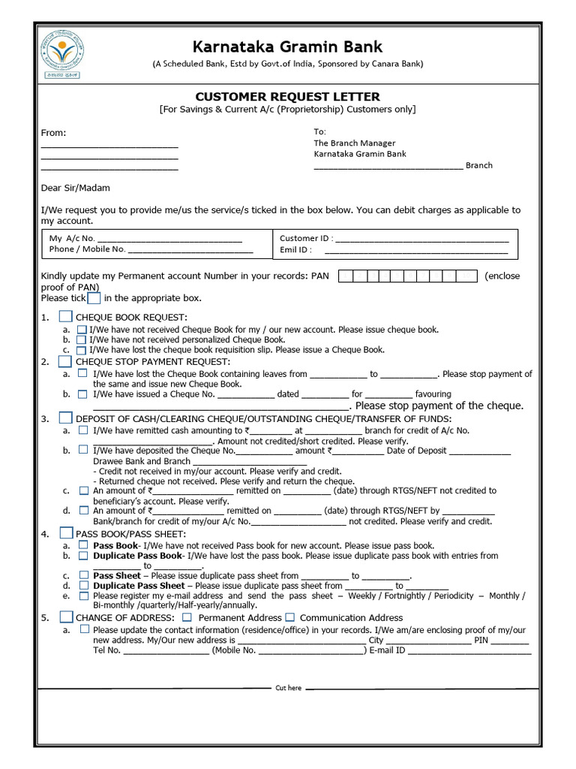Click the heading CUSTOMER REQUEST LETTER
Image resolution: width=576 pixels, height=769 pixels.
point(287,97)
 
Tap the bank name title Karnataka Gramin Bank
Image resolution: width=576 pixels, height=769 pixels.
point(288,47)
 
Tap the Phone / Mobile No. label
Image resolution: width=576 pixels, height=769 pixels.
point(87,249)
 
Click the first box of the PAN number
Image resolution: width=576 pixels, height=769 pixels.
point(345,276)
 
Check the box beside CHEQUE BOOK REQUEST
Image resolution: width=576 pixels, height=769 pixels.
point(66,318)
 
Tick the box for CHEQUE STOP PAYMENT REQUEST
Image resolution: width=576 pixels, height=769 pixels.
point(66,362)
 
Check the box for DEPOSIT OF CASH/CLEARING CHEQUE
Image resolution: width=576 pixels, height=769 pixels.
point(66,418)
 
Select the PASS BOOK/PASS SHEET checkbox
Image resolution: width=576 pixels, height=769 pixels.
point(66,533)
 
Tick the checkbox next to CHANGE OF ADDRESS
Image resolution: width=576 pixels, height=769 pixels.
point(66,617)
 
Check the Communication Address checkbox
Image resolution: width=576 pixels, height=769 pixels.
point(289,617)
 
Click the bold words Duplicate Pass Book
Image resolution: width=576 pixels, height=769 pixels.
point(137,556)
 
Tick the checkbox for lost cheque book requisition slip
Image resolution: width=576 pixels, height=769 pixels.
point(82,350)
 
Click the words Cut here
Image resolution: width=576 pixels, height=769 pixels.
point(288,688)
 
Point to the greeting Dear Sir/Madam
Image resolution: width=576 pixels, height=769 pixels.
point(75,188)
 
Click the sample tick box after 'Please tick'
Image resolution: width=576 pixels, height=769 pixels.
point(94,298)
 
